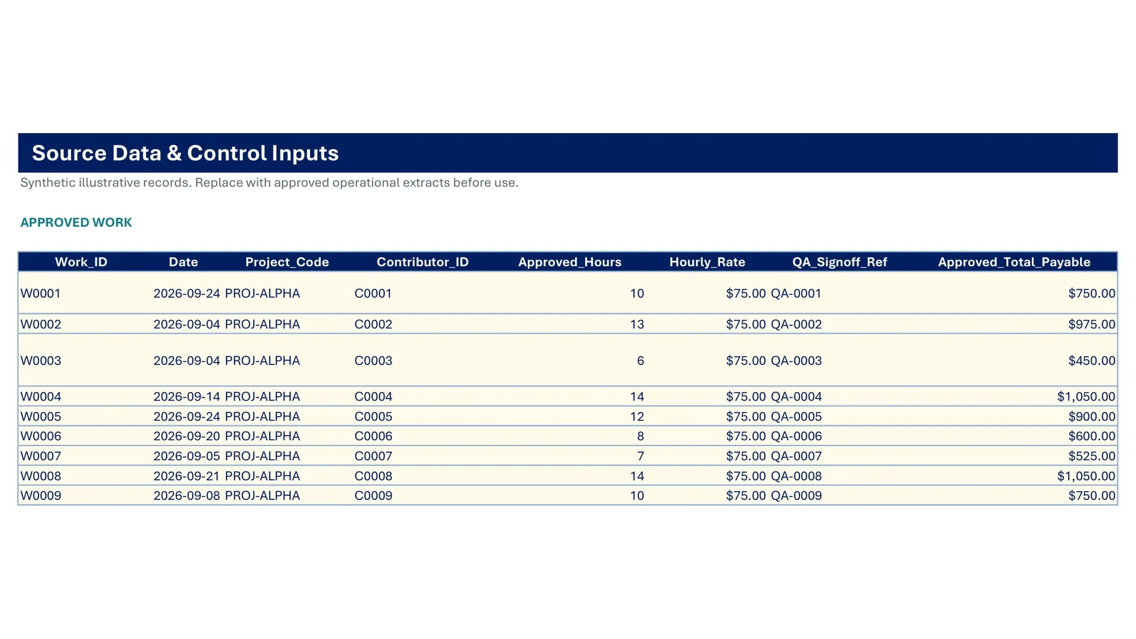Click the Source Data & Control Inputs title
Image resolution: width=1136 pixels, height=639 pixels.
tap(185, 153)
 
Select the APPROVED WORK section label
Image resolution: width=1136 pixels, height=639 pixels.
tap(76, 222)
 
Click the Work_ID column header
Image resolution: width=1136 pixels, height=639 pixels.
tap(81, 262)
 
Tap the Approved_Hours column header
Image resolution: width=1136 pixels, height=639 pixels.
tap(570, 262)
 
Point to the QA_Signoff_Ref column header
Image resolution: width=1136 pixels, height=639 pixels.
tap(840, 262)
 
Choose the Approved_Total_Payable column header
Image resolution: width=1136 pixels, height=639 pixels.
tap(1014, 262)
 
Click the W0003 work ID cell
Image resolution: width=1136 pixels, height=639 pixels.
tap(41, 361)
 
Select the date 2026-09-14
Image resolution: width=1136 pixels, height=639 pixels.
tap(186, 396)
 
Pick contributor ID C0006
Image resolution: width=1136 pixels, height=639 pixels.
tap(373, 436)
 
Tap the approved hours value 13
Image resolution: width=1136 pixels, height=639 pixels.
tap(637, 324)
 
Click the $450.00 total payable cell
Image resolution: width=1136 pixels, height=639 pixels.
tap(1092, 361)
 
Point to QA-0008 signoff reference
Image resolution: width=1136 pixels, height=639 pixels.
tap(796, 476)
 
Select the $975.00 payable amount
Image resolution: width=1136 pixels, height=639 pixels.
tap(1092, 324)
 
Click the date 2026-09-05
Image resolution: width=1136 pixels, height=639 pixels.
tap(186, 456)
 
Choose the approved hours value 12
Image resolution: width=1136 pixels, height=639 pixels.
tap(637, 417)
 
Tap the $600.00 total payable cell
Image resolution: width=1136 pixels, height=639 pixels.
tap(1092, 436)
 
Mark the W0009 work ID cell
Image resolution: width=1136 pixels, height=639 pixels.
tap(41, 496)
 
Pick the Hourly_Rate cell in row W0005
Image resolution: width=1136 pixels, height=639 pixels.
tap(745, 417)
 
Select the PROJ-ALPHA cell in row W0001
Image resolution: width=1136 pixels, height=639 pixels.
tap(262, 293)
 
